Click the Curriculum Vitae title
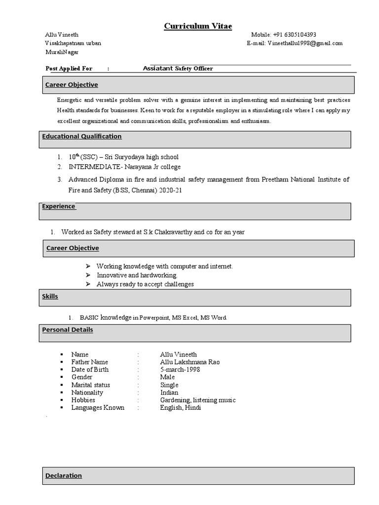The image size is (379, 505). click(198, 26)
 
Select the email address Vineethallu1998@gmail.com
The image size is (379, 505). click(305, 43)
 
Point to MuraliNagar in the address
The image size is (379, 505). click(62, 52)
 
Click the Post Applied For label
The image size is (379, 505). click(69, 69)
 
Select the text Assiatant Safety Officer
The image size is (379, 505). click(178, 69)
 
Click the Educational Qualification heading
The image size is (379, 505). click(82, 137)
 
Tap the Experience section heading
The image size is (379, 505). click(59, 207)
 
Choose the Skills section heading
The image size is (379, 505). click(50, 296)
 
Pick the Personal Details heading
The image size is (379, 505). click(68, 330)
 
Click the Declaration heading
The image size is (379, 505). click(64, 476)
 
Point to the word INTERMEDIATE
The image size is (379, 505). click(95, 167)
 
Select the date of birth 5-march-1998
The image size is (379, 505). click(180, 369)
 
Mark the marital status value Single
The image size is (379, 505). click(169, 385)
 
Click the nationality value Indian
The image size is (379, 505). click(169, 393)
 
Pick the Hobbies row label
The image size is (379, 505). click(83, 400)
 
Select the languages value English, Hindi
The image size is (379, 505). click(181, 408)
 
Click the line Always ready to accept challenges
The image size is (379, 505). click(145, 284)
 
